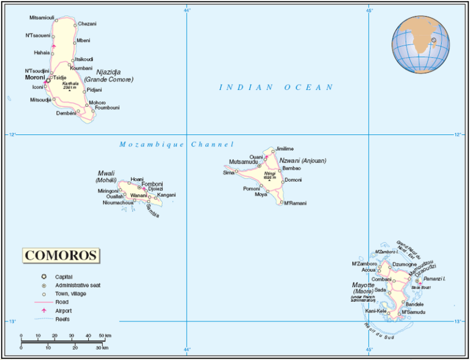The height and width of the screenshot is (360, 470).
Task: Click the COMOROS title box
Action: [x=61, y=255]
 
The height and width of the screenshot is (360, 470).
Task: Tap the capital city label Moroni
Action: [x=35, y=78]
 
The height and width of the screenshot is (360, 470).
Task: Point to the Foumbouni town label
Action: [x=105, y=108]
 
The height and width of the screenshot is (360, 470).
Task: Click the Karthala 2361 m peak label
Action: [x=70, y=86]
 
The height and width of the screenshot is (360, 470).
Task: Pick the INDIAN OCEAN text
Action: [x=277, y=88]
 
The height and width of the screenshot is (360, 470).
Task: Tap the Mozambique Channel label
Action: [x=176, y=144]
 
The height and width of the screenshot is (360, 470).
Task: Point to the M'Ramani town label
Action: [x=294, y=203]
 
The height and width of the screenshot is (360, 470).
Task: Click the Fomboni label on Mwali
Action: [x=152, y=184]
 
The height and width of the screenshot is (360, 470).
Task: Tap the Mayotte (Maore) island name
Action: [x=363, y=285]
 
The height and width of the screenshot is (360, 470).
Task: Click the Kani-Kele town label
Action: [x=375, y=311]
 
